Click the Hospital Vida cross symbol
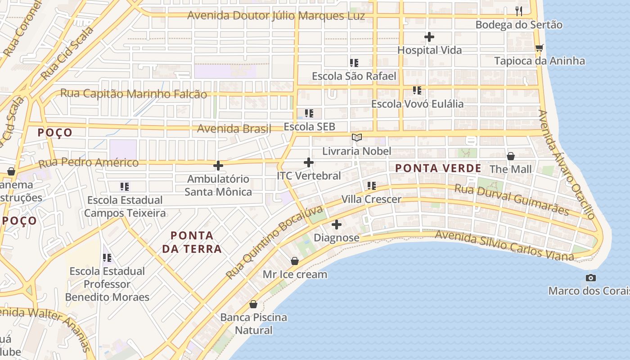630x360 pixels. click(x=429, y=36)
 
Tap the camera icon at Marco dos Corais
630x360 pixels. click(x=591, y=278)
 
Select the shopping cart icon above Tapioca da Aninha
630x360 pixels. click(x=539, y=48)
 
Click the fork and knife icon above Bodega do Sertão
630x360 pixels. click(x=519, y=11)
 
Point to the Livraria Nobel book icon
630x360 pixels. click(x=356, y=137)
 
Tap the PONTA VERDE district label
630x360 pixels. click(x=438, y=169)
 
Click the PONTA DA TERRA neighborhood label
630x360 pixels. click(x=192, y=242)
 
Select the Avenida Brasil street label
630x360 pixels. click(x=234, y=129)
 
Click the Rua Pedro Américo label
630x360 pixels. click(x=89, y=162)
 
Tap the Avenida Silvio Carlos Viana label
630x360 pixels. click(x=504, y=245)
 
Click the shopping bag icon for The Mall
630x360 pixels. click(x=511, y=156)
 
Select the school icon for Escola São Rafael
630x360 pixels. click(x=354, y=63)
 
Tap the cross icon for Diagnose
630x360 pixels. click(x=336, y=224)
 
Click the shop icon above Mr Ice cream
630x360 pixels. click(x=295, y=261)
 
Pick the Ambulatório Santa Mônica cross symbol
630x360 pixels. click(x=218, y=166)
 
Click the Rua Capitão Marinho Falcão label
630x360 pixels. click(x=134, y=94)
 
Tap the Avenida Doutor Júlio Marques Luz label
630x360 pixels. click(x=276, y=16)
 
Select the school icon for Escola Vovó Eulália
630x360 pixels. click(x=417, y=90)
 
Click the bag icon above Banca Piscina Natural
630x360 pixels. click(x=253, y=304)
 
